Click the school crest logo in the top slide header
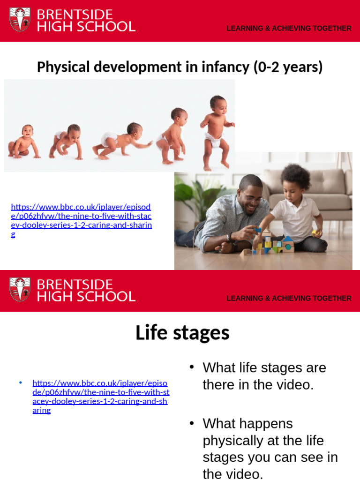[20, 20]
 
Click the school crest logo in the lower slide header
[20, 290]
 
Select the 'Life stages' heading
[182, 333]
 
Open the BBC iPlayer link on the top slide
[81, 220]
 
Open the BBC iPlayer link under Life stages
[100, 396]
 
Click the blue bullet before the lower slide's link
[21, 383]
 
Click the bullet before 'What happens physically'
[191, 423]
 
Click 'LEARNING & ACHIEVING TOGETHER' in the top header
[289, 28]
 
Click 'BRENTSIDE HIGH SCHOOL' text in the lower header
[86, 291]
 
